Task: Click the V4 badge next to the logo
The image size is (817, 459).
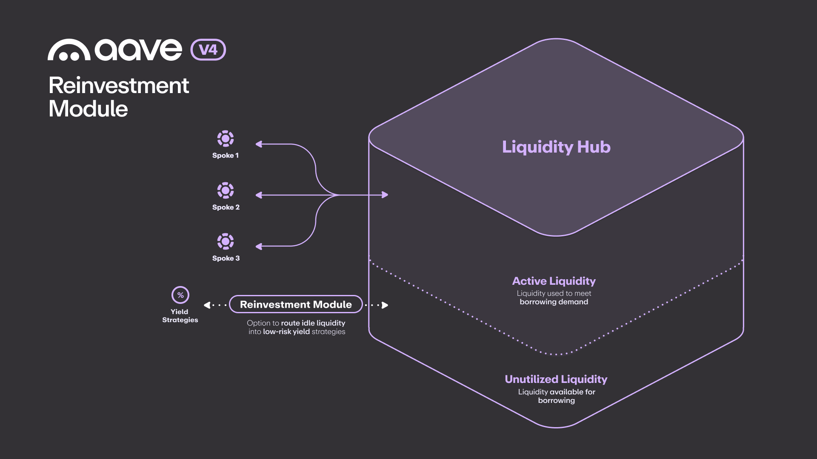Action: click(x=208, y=50)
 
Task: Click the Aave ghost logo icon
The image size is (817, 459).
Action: click(x=69, y=50)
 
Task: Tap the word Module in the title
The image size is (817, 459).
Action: click(x=88, y=109)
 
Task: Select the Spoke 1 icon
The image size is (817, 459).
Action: click(x=226, y=139)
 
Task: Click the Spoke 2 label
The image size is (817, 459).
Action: click(x=226, y=207)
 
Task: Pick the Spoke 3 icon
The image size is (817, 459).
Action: click(x=226, y=241)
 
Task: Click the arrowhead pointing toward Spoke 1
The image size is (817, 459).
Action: click(x=259, y=144)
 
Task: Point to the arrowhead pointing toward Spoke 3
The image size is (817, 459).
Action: click(x=259, y=246)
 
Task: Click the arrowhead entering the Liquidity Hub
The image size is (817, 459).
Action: click(x=385, y=195)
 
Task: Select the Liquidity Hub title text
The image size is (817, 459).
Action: click(x=556, y=147)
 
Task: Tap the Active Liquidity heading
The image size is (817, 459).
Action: click(x=554, y=281)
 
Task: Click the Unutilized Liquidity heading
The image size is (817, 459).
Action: click(x=556, y=379)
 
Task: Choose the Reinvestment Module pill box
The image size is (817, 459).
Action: click(x=296, y=304)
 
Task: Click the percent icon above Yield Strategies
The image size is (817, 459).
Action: click(x=180, y=295)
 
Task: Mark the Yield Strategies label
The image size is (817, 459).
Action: click(x=180, y=316)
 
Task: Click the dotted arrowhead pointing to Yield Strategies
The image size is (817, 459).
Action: click(x=207, y=305)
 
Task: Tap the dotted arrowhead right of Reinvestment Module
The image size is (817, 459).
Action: click(x=385, y=305)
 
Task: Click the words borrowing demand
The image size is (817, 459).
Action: click(x=554, y=302)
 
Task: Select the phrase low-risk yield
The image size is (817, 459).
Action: click(x=286, y=332)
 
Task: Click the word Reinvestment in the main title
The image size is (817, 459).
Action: click(x=119, y=85)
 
